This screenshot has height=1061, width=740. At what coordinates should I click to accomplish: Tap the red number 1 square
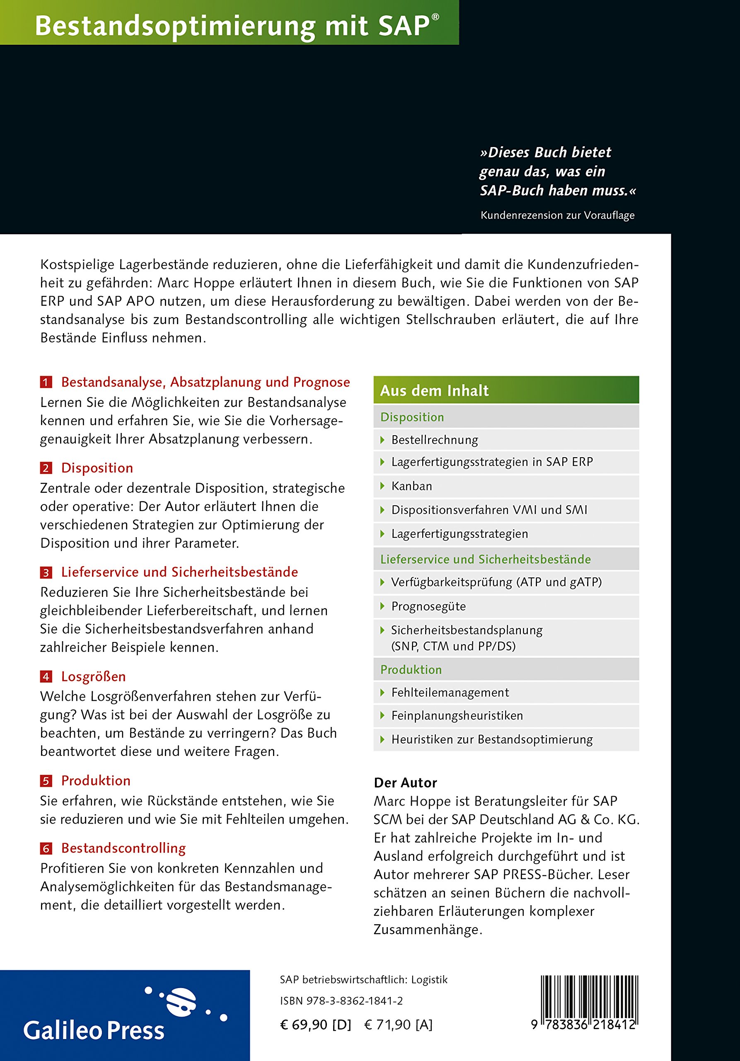coord(46,382)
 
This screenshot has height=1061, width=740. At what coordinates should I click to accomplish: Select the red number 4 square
coord(46,676)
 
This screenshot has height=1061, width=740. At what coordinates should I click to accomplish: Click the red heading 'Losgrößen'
coord(93,676)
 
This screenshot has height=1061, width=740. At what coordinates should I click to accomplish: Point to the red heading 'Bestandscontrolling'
coord(123,848)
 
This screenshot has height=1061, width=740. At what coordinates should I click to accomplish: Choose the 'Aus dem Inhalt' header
coord(434,390)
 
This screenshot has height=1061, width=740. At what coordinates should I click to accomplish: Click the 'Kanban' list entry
coord(411,486)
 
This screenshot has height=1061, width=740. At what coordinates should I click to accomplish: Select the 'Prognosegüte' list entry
coord(428,606)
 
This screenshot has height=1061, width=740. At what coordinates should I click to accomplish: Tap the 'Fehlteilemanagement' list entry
coord(450,692)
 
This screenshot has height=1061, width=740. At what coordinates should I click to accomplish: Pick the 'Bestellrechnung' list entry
coord(435,440)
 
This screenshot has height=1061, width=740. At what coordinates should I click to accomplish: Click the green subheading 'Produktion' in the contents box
coord(411,670)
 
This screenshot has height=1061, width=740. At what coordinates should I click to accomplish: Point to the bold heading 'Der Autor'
coord(405,783)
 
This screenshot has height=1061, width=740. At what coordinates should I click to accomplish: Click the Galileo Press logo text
coord(94,1030)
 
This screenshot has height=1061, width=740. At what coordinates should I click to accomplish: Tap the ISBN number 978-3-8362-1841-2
coord(341,1001)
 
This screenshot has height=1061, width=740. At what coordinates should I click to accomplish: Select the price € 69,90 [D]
coord(315,1025)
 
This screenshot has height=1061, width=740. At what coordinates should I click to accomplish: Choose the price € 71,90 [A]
coord(398,1025)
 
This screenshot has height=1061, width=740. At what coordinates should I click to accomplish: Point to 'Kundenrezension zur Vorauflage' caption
coord(557,216)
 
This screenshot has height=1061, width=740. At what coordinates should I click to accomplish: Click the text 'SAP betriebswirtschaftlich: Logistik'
coord(363,980)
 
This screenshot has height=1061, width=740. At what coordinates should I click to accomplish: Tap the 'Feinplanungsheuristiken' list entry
coord(457,716)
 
